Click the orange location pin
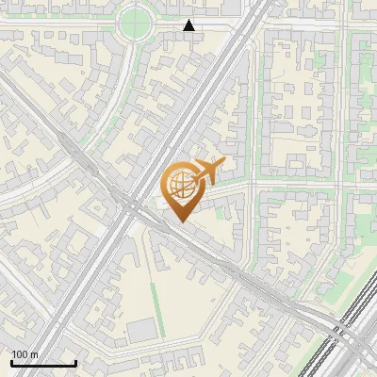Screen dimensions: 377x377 pos(181,188)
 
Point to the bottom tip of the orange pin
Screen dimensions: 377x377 pos(180,222)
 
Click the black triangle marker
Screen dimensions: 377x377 pos(189,25)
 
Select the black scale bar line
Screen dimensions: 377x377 pos(42,364)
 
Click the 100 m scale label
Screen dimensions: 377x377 pos(25,354)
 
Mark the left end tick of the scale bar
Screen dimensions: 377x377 pos(10,362)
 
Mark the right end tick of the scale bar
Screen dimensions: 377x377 pos(75,362)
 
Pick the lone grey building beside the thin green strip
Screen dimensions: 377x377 pos(141,330)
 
